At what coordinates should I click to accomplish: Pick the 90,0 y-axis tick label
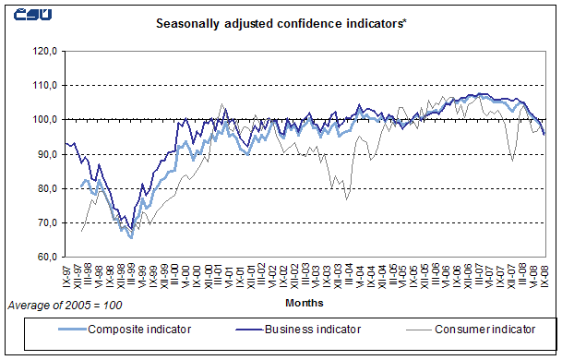44,154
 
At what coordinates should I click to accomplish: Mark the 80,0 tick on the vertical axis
44,188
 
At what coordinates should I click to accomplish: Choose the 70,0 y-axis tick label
44,222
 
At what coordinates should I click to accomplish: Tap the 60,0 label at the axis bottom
44,257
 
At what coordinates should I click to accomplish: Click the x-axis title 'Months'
304,301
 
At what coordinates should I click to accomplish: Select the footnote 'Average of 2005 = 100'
65,304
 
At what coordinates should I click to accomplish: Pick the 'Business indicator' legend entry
305,328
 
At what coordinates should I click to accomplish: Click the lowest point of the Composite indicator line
131,238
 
